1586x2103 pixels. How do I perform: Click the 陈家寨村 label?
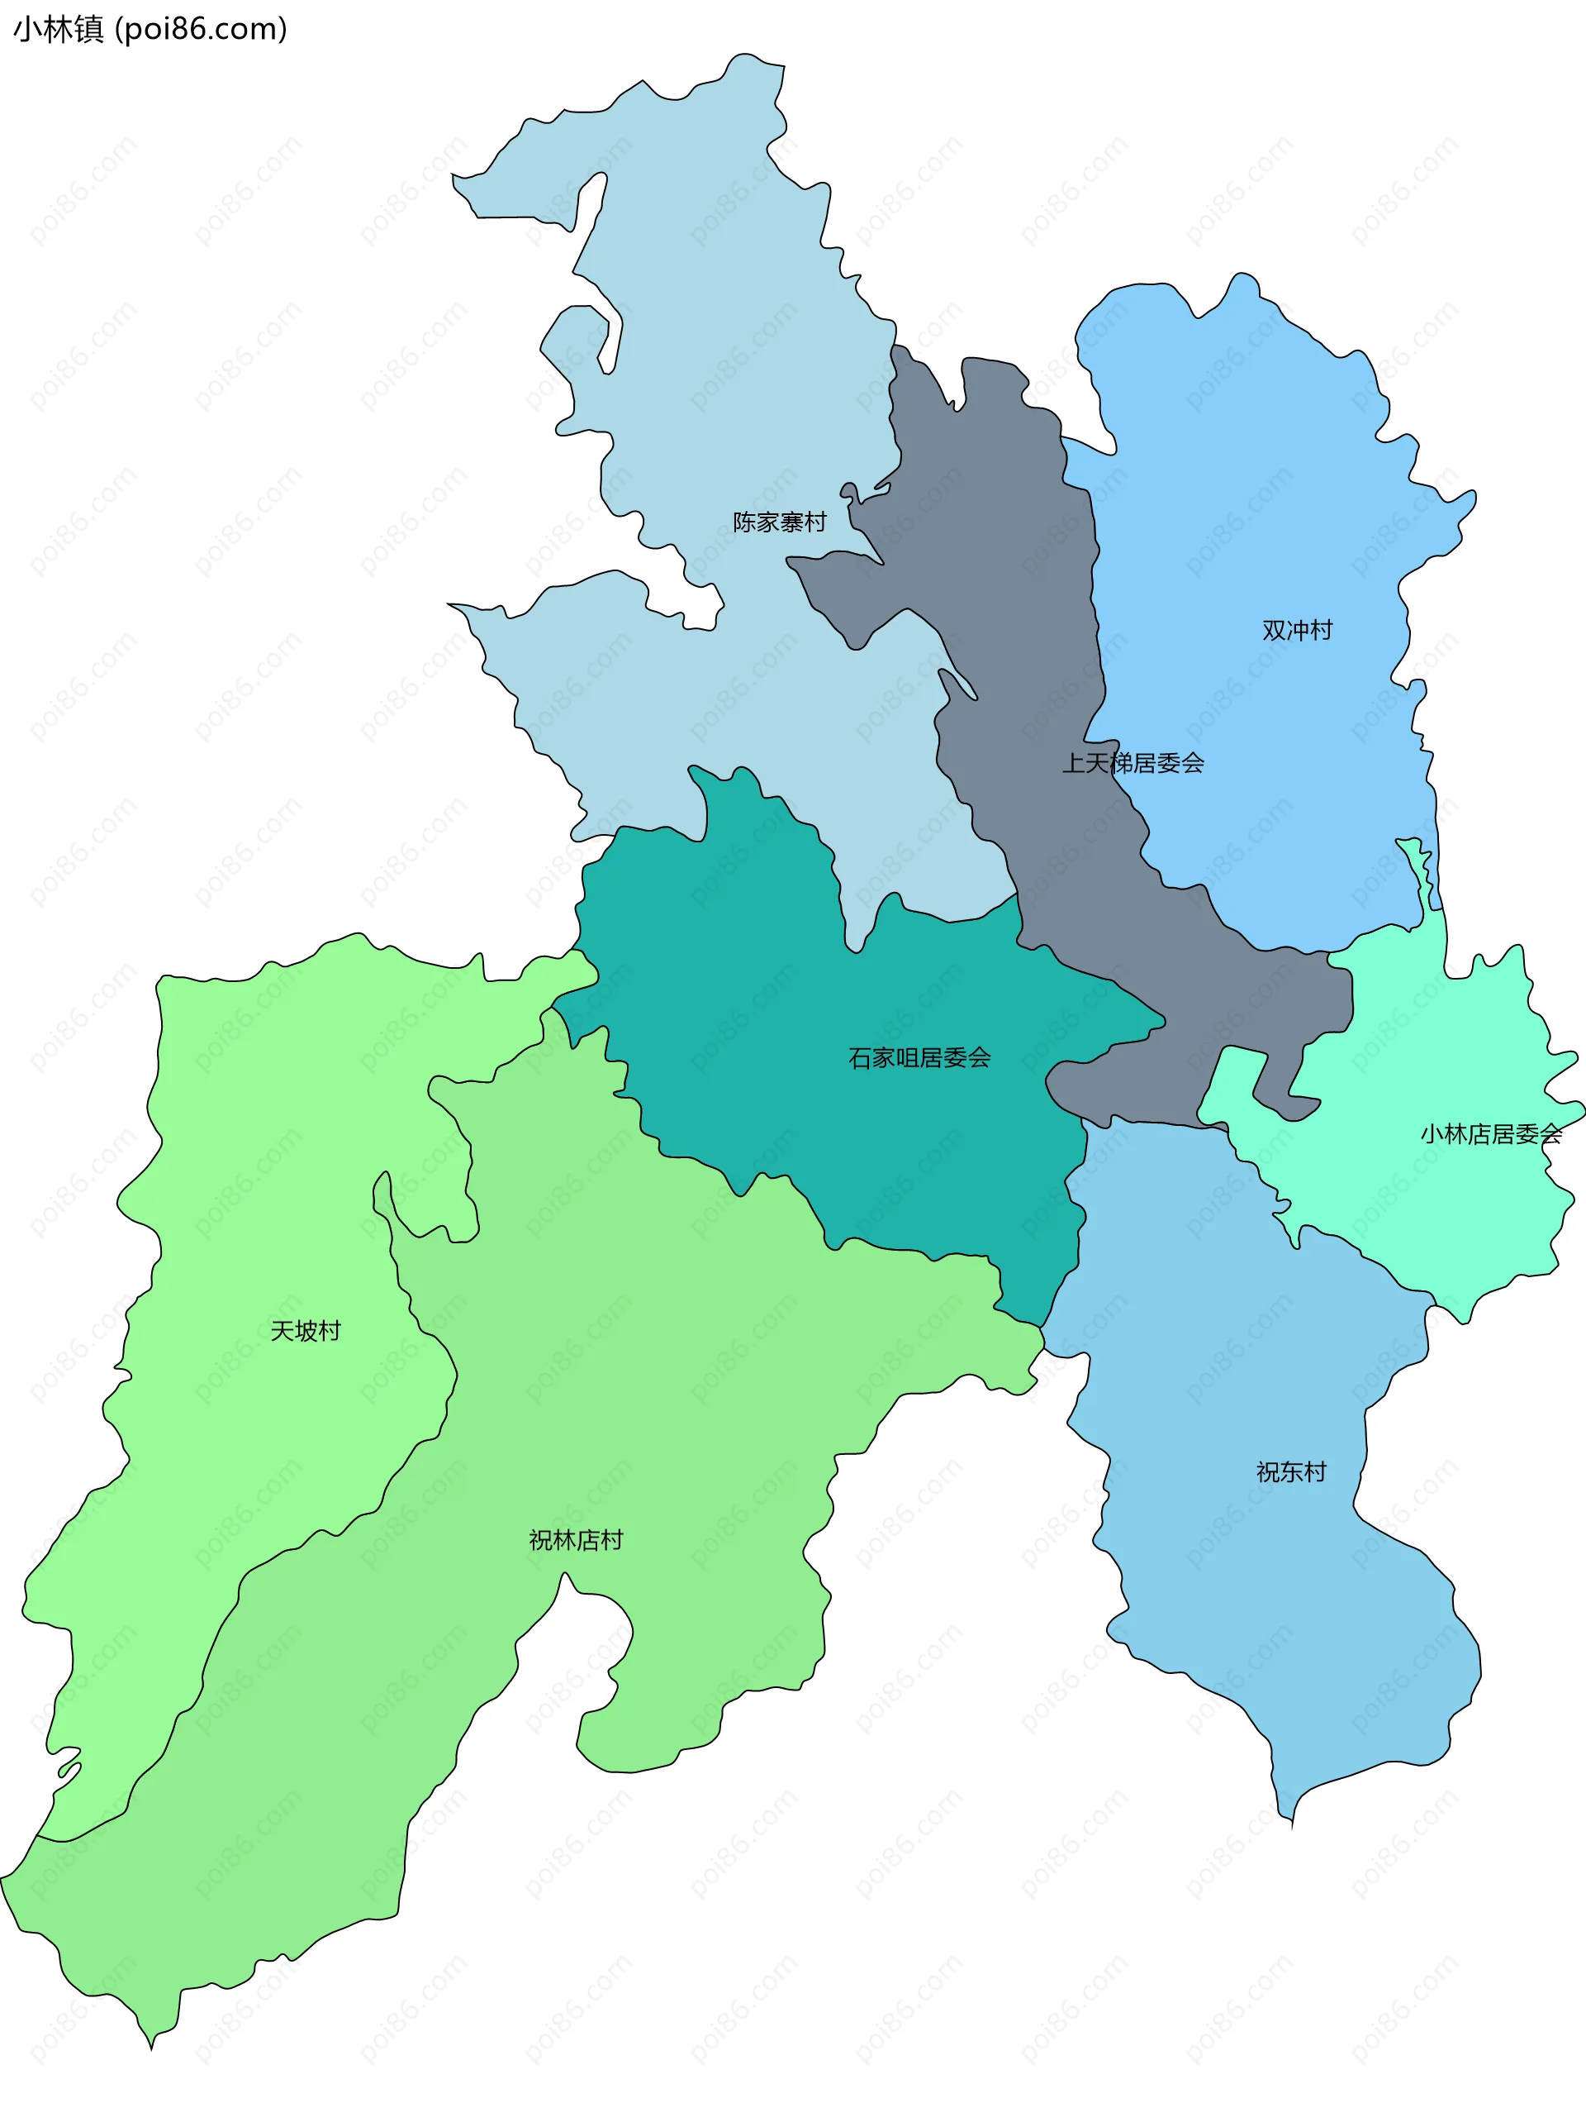[779, 522]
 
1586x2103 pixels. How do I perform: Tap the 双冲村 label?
[1297, 631]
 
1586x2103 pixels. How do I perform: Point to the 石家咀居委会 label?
[919, 1058]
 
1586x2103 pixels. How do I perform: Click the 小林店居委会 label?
[1491, 1134]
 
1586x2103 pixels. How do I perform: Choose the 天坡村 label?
[305, 1331]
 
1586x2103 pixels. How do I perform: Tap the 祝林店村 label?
[576, 1540]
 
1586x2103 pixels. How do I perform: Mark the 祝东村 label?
[1290, 1472]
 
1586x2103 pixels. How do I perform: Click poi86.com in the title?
[201, 30]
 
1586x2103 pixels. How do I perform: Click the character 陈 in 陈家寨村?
[744, 522]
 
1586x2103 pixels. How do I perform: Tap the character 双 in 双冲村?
[1274, 631]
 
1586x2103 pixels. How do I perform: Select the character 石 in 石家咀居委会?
[860, 1058]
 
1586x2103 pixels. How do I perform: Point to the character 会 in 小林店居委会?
[1550, 1134]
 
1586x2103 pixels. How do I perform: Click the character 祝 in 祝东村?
[1268, 1472]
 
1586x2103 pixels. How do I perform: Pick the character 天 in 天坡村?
[283, 1331]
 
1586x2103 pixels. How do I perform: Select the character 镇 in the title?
[89, 30]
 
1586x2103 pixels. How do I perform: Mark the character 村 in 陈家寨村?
[815, 522]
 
